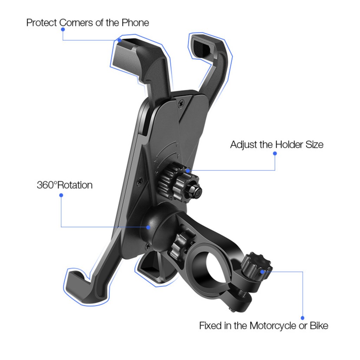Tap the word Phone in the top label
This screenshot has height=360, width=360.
coord(135,23)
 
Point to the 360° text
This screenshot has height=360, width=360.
coord(47,185)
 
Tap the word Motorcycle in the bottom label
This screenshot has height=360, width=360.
coord(273,326)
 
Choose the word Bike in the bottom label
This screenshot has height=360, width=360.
coord(319,326)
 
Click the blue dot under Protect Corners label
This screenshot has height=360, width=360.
coord(63,30)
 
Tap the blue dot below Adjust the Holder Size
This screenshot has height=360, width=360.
coord(275,153)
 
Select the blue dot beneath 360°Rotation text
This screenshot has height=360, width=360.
coord(61,195)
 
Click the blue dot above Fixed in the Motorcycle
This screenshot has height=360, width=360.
coord(302,318)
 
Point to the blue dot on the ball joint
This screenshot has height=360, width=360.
coord(148,227)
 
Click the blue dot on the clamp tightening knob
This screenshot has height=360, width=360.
coord(262,272)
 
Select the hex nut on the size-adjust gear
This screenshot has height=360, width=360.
coord(195,190)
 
